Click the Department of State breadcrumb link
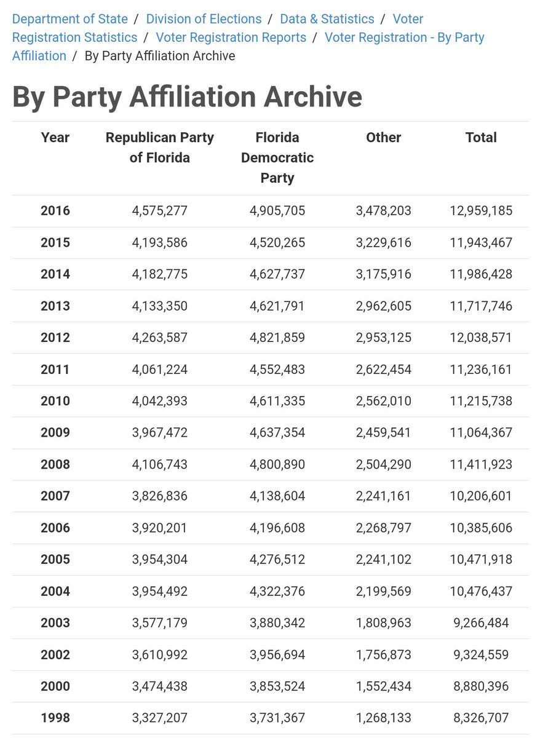coord(70,19)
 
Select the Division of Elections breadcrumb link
coord(204,19)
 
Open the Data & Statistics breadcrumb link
coord(327,19)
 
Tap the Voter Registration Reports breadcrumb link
coord(231,38)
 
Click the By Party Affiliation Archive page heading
coord(187,97)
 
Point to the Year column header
coord(55,137)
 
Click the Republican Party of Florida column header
coord(159,148)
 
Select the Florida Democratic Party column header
coord(277,157)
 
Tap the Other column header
coord(383,137)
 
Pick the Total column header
coord(481,137)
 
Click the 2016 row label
coord(55,211)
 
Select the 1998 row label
coord(55,718)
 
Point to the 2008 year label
coord(55,464)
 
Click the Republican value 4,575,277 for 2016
coord(159,211)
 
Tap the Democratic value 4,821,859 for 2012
coord(277,338)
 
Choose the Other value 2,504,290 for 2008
coord(383,464)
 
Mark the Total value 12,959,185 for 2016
coord(481,211)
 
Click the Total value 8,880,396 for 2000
coord(481,686)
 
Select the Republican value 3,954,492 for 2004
coord(159,591)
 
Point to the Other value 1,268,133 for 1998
coord(383,718)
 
